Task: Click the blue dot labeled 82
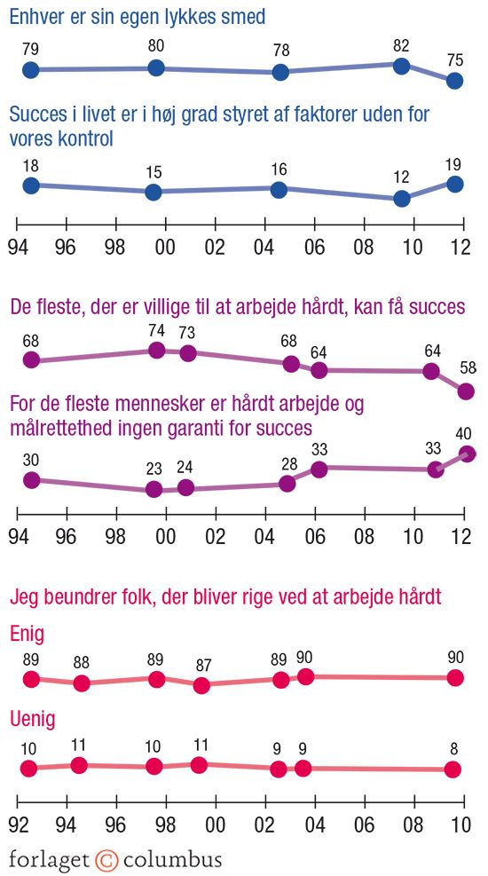click(401, 66)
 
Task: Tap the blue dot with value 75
click(455, 81)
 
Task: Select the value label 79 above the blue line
click(31, 51)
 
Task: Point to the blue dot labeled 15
click(153, 192)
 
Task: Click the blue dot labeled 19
click(455, 185)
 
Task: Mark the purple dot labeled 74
click(157, 351)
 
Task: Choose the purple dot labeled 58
click(466, 391)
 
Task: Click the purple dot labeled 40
click(468, 454)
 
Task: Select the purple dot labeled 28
click(287, 483)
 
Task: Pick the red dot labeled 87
click(201, 685)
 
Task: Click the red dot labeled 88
click(82, 683)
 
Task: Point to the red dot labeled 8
click(453, 769)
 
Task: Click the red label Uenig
click(33, 720)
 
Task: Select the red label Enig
click(28, 634)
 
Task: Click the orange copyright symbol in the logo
click(107, 859)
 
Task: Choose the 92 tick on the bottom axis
click(18, 825)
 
